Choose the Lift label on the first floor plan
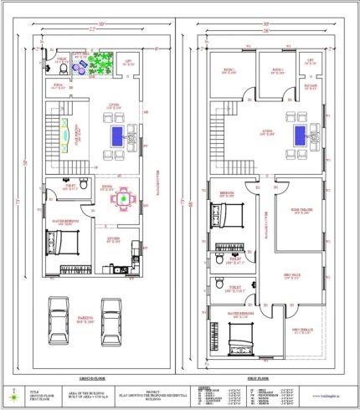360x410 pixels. [x=310, y=61]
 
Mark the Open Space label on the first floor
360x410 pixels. [x=291, y=275]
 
